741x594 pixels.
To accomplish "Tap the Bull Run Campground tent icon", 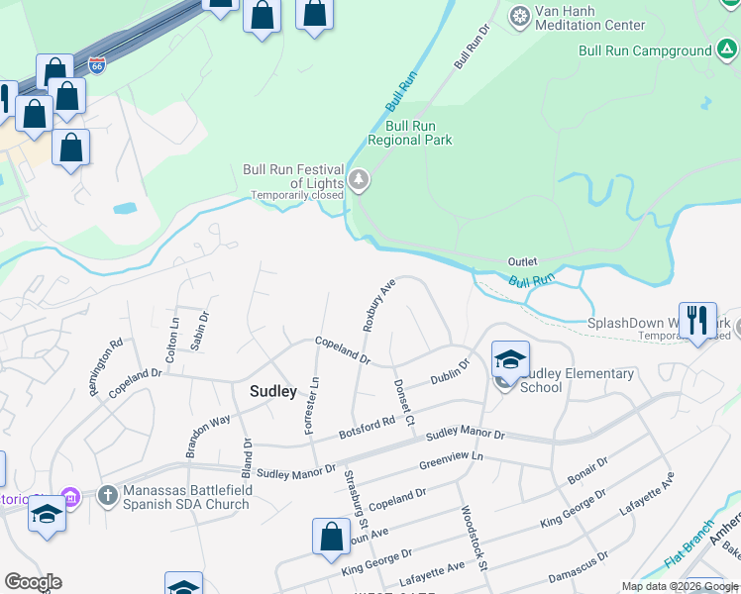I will [728, 49].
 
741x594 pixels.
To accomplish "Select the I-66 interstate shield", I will [97, 66].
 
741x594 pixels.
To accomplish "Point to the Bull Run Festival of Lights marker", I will [359, 181].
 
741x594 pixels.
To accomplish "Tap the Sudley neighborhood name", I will [273, 391].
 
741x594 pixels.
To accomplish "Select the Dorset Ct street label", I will [403, 403].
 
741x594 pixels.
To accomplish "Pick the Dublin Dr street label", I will [450, 372].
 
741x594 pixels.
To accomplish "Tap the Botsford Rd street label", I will [368, 427].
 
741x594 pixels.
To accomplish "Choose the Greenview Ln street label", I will [450, 461].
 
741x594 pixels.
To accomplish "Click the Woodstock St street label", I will [473, 539].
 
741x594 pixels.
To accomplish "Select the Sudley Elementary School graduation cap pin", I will [510, 359].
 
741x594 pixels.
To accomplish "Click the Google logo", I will [33, 582].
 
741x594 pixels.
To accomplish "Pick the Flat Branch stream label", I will [689, 544].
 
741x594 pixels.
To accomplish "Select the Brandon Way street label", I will [207, 436].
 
